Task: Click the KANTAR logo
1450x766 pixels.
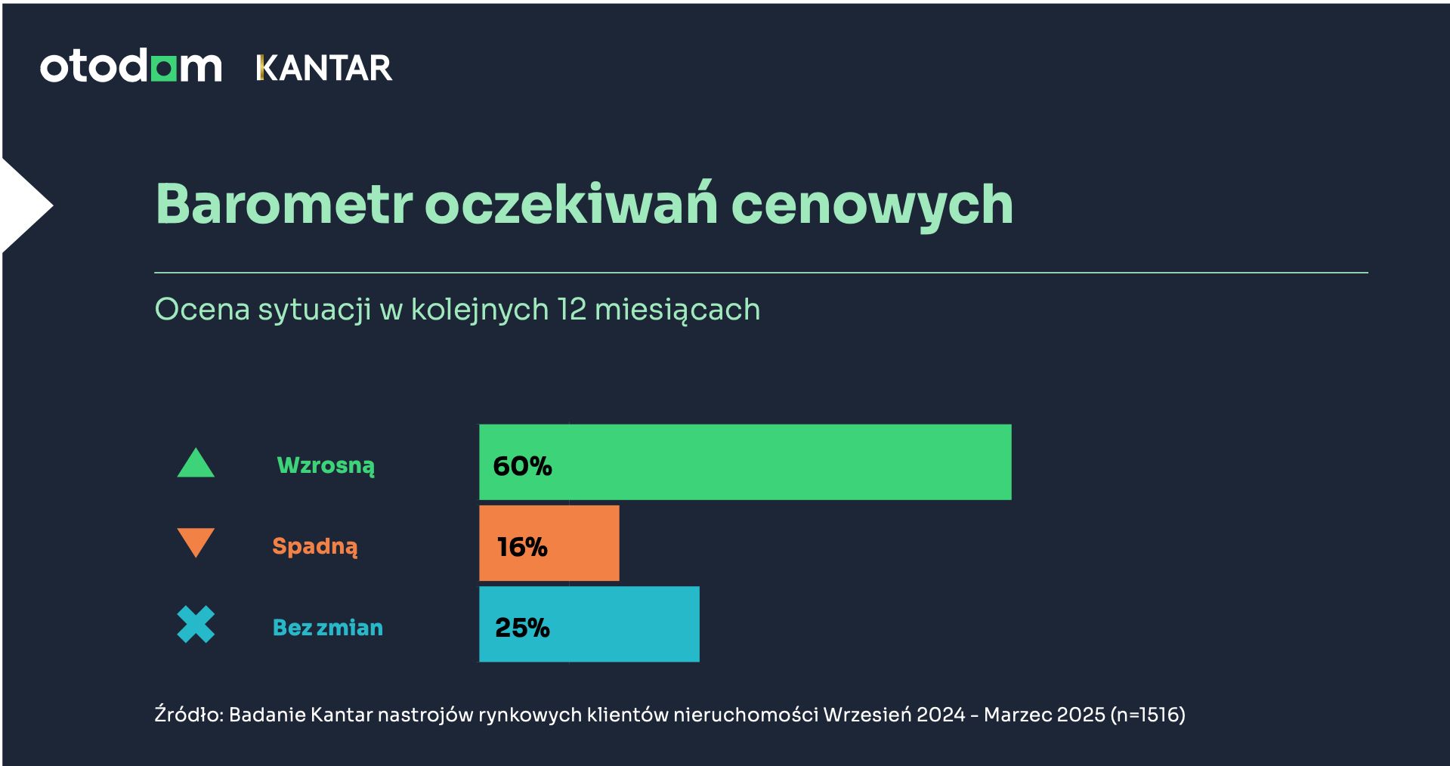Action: [x=324, y=68]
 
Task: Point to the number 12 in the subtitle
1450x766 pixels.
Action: [x=571, y=310]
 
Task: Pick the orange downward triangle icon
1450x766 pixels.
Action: [x=196, y=542]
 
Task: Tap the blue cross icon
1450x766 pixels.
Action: [x=196, y=625]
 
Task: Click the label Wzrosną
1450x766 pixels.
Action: [x=326, y=465]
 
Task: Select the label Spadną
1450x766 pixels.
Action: [x=314, y=546]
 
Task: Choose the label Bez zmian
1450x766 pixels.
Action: [x=327, y=628]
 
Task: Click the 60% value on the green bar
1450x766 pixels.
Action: [x=522, y=466]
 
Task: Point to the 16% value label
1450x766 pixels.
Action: [x=521, y=547]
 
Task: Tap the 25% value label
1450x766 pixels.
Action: [x=522, y=628]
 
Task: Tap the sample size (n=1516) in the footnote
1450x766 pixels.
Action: [x=1148, y=715]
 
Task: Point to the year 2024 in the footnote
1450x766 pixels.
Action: [x=941, y=715]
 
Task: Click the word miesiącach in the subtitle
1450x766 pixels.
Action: [x=677, y=310]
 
